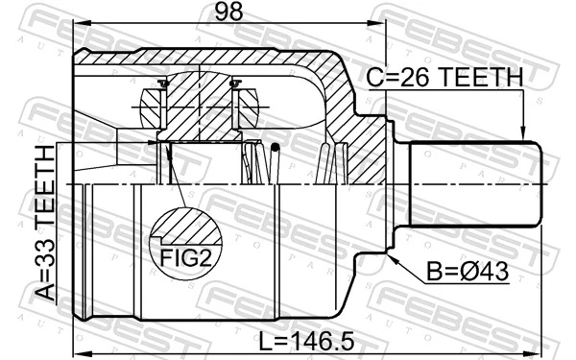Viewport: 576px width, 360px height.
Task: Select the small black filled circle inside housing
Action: click(276, 147)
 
